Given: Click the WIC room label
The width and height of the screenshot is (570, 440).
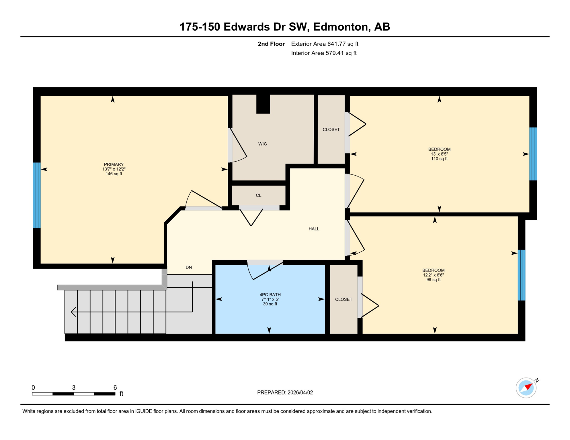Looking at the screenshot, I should tap(262, 144).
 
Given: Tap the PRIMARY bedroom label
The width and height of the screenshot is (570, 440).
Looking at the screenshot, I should tap(114, 164).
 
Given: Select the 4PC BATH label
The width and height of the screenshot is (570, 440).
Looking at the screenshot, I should tap(270, 294).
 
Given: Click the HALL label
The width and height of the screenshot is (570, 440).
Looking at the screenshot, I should tap(314, 229).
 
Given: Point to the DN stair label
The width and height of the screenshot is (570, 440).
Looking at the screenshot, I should tap(188, 267).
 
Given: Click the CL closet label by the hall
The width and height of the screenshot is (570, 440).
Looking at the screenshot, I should tap(258, 195).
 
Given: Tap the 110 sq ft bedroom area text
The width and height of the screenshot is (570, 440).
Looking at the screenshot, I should tap(439, 159).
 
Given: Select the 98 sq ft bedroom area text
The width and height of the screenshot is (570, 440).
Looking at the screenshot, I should tap(433, 280).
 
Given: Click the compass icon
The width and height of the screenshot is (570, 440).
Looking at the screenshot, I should tap(526, 388).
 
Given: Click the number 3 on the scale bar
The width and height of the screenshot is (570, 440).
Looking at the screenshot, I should tap(74, 388).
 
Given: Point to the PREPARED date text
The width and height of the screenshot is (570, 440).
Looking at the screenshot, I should tap(285, 392).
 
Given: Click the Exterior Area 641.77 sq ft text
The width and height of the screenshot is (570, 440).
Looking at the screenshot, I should tap(325, 44).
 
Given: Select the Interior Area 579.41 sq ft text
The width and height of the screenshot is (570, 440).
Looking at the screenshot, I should tap(324, 53).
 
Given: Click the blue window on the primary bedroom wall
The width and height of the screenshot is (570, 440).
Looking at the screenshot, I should tap(37, 195).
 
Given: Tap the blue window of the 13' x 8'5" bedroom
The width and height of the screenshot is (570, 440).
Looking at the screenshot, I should tap(533, 154).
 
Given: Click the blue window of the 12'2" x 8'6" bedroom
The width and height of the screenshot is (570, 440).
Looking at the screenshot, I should tap(521, 275).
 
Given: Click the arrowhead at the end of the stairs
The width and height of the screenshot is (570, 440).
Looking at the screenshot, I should tap(73, 312).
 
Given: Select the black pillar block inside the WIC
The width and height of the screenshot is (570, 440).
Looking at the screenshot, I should tap(263, 104).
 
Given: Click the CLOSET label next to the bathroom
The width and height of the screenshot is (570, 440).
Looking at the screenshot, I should tap(343, 299).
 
